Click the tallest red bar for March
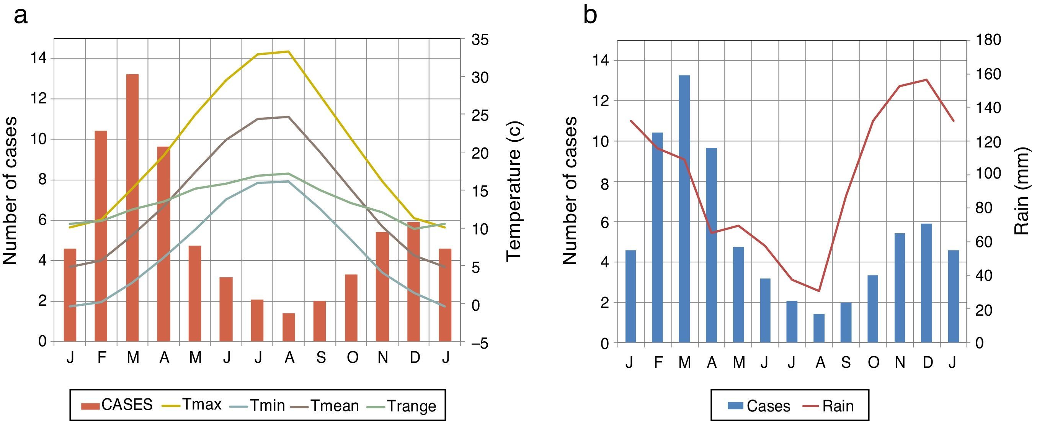[132, 208]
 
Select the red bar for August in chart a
[289, 327]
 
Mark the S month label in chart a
[321, 357]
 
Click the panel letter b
[590, 16]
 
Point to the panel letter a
[21, 16]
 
